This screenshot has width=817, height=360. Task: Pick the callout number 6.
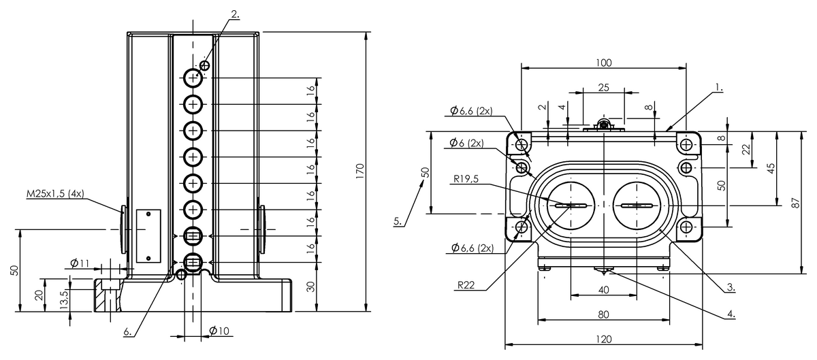(x=128, y=332)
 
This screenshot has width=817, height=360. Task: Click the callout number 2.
(x=235, y=13)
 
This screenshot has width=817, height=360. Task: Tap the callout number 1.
(x=718, y=88)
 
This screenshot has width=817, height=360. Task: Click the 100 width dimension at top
(x=603, y=63)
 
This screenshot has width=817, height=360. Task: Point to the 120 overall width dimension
(x=603, y=339)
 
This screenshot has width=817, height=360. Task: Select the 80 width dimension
(x=603, y=314)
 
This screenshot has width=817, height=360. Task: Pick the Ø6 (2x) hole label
(x=467, y=143)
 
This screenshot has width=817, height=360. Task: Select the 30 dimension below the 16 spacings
(x=311, y=287)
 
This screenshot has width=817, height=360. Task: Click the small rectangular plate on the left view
(x=148, y=235)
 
